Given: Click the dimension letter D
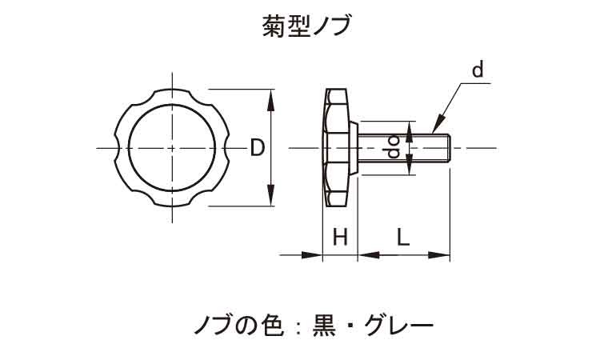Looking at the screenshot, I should pyautogui.click(x=257, y=148).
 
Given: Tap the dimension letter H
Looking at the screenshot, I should pyautogui.click(x=340, y=237).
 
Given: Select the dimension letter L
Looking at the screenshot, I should pyautogui.click(x=403, y=237).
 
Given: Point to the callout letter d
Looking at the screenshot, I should pyautogui.click(x=477, y=71).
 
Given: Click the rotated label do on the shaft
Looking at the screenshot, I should pyautogui.click(x=393, y=148).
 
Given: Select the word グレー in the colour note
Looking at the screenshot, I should pyautogui.click(x=398, y=325).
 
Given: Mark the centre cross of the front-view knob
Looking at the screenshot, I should pyautogui.click(x=172, y=148).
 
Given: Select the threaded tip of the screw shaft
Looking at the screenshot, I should pyautogui.click(x=445, y=148).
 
